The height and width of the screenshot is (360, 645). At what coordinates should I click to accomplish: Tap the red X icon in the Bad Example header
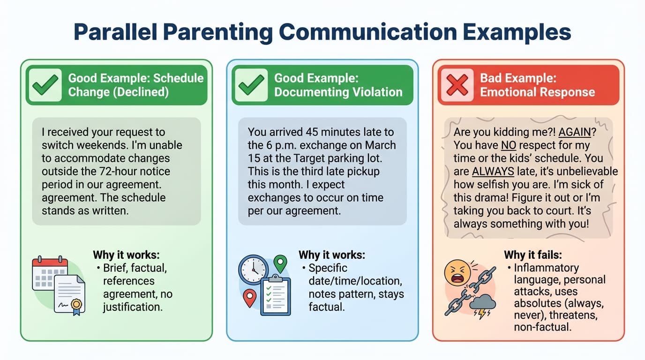(457, 85)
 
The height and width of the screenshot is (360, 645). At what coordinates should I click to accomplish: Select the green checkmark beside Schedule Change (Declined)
(45, 85)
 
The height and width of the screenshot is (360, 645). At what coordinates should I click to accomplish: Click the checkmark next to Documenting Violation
(251, 85)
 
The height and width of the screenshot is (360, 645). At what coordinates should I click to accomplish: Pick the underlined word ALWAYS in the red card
(492, 172)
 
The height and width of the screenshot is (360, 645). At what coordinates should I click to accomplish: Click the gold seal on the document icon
(76, 305)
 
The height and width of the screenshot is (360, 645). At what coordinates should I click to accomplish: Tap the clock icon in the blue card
(253, 270)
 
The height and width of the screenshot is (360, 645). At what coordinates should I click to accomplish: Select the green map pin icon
(280, 263)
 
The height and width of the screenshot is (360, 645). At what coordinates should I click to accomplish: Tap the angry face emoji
(458, 275)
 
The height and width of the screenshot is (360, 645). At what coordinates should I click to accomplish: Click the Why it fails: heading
(533, 255)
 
